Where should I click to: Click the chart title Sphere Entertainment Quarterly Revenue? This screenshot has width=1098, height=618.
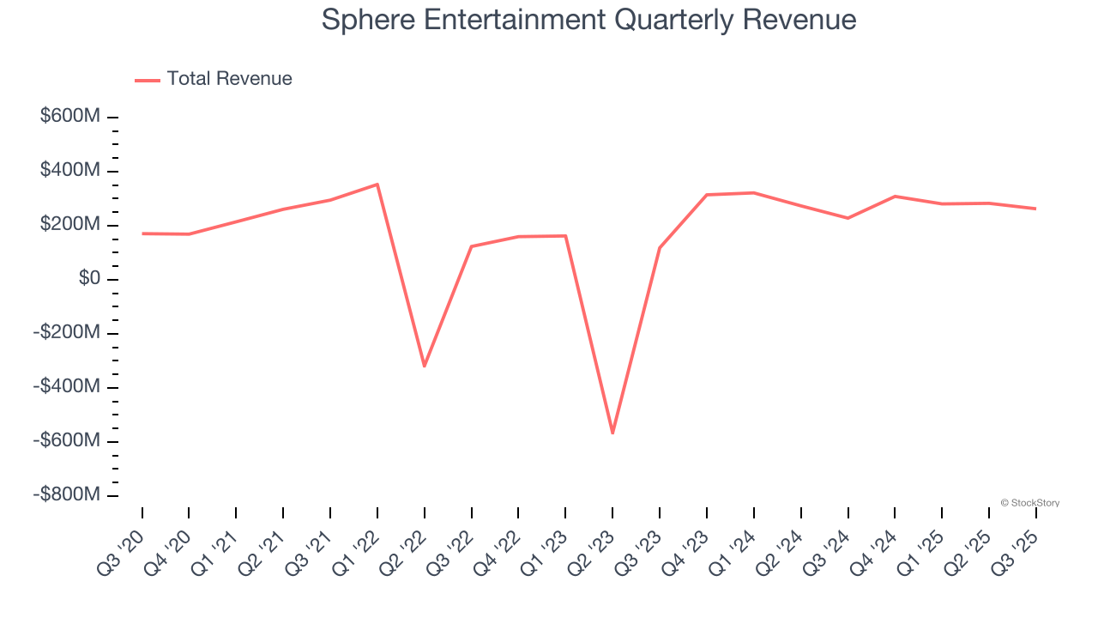pos(588,20)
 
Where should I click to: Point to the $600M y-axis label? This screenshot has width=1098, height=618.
pos(70,117)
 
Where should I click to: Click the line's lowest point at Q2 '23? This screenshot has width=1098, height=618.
pos(612,433)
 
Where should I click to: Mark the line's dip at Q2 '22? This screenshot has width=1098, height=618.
pos(424,367)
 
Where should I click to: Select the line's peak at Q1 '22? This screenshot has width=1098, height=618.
pos(377,184)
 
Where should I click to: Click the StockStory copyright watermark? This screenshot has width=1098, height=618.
pos(1029,503)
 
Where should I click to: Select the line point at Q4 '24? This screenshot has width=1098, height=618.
pos(895,197)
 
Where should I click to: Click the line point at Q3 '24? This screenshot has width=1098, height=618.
pos(848,218)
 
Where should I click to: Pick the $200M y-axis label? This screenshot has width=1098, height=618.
pos(70,225)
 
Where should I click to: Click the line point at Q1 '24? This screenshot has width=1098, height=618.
pos(754,193)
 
